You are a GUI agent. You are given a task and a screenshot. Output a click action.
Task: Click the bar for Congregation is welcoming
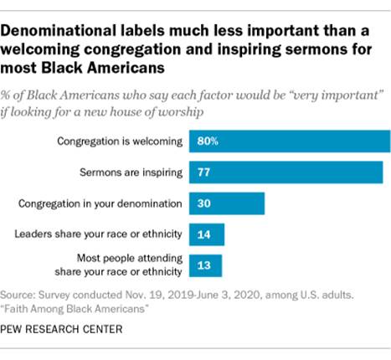point(290,141)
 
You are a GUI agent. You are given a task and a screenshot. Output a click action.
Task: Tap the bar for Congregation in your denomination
point(227,203)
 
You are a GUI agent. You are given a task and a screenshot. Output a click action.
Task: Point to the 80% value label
point(208,141)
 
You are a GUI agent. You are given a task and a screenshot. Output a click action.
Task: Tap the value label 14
point(203,234)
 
